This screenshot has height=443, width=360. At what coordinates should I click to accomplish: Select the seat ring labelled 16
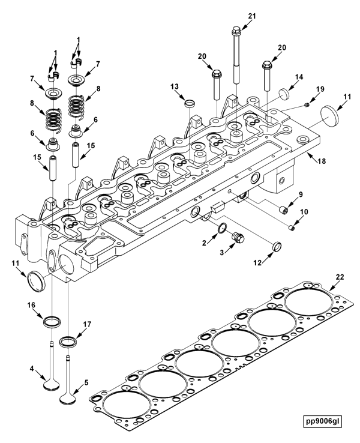coord(52,321)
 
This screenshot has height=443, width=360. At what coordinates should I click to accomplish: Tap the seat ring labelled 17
coord(69,343)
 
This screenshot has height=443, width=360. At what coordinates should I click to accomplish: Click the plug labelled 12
coord(277,246)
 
